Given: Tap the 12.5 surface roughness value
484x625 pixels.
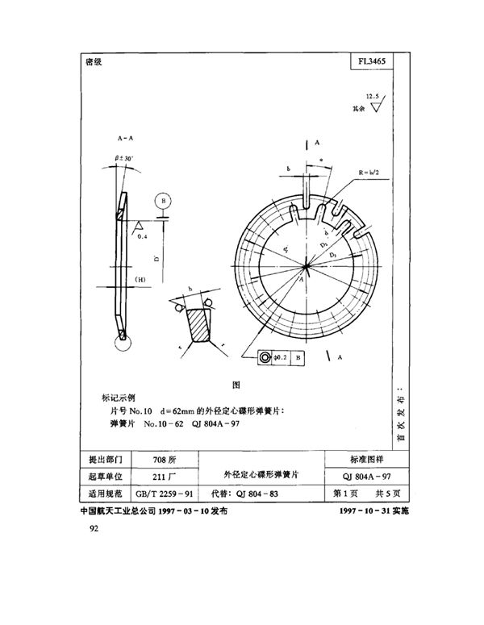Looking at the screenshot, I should pyautogui.click(x=371, y=94).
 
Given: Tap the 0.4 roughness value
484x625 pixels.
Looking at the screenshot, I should pyautogui.click(x=143, y=237).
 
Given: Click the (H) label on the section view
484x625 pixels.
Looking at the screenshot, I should pyautogui.click(x=140, y=280).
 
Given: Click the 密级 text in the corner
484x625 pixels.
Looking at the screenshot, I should pyautogui.click(x=93, y=62).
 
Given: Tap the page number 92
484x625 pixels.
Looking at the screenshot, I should pyautogui.click(x=87, y=530).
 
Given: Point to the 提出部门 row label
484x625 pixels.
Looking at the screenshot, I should pyautogui.click(x=104, y=459).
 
